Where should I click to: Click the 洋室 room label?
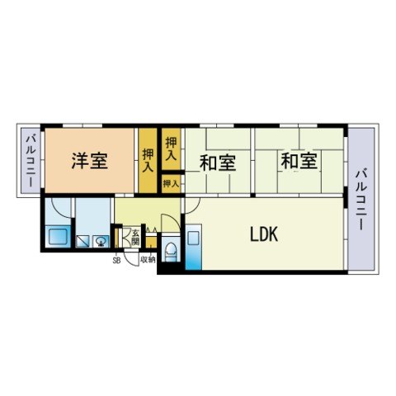click(x=90, y=161)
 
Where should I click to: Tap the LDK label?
click(x=264, y=234)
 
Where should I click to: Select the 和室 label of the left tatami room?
click(x=218, y=163)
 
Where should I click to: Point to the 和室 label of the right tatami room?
click(x=299, y=161)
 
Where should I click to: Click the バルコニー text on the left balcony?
click(x=31, y=161)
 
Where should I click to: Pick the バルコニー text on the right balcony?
click(x=361, y=200)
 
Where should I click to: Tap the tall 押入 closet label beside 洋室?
click(x=148, y=160)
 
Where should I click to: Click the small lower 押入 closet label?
click(x=171, y=183)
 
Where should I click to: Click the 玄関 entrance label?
click(x=135, y=238)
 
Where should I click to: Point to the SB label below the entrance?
click(x=116, y=260)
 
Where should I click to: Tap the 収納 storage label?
click(x=148, y=260)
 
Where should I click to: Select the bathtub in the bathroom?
click(x=58, y=237)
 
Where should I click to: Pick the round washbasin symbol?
click(x=101, y=242)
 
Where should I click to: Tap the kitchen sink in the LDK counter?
click(x=193, y=238)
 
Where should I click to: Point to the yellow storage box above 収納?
click(x=151, y=243)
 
